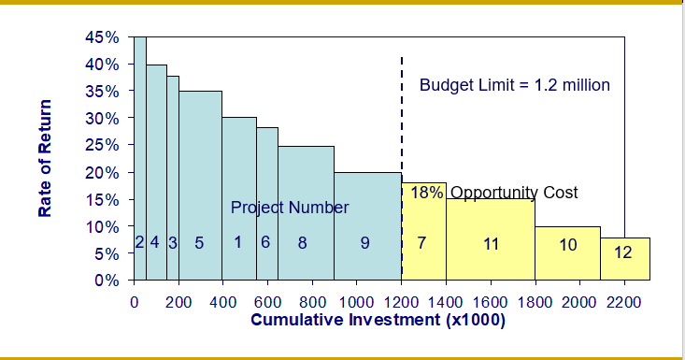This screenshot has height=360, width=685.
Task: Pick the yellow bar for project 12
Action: pyautogui.click(x=624, y=266)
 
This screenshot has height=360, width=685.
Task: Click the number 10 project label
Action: pyautogui.click(x=568, y=245)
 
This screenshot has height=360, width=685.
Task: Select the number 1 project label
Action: pyautogui.click(x=238, y=242)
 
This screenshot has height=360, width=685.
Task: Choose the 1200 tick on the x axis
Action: pyautogui.click(x=401, y=302)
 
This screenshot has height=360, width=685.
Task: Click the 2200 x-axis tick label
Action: pyautogui.click(x=623, y=302)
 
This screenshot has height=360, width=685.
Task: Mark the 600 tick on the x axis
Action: pyautogui.click(x=267, y=302)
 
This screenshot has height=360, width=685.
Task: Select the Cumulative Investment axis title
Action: pyautogui.click(x=378, y=321)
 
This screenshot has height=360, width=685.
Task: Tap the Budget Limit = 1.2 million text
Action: pyautogui.click(x=514, y=85)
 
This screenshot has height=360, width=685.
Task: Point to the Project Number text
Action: pyautogui.click(x=290, y=207)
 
